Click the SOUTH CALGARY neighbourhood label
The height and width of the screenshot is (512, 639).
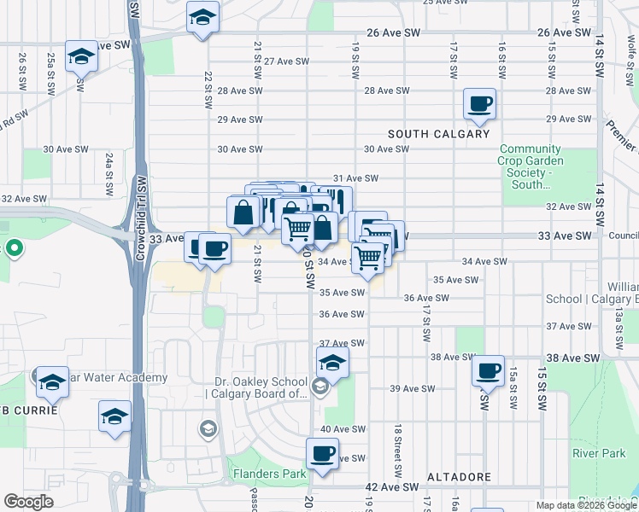[439, 134]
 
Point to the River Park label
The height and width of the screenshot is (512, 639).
[600, 454]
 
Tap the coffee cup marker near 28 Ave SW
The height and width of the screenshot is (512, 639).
[478, 104]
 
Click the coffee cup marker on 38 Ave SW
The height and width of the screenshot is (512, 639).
[488, 371]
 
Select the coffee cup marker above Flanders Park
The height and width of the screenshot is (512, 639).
[322, 454]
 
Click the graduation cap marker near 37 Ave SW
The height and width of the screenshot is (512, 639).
[332, 363]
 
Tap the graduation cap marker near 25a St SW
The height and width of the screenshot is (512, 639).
[81, 56]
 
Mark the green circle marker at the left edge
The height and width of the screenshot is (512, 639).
[14, 250]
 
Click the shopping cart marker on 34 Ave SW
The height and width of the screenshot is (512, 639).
[368, 257]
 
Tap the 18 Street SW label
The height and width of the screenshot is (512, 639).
[397, 451]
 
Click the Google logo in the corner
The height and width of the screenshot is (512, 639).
[28, 502]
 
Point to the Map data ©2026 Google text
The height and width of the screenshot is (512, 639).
[586, 505]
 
